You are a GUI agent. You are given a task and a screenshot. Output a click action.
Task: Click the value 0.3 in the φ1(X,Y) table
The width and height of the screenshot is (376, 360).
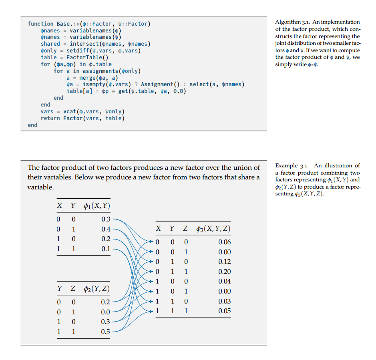pos(106,219)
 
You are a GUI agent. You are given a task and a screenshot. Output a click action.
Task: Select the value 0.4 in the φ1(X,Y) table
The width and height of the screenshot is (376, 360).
pos(106,229)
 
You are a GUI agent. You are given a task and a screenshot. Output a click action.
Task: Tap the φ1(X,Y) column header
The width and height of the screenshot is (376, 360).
pos(97,206)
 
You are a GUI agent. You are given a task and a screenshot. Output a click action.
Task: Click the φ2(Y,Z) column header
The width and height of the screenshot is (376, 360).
pos(97,289)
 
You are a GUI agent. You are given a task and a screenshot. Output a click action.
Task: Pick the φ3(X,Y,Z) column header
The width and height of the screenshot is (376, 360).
pos(213,229)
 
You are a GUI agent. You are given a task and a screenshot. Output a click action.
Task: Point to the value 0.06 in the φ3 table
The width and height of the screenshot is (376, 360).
pos(224,242)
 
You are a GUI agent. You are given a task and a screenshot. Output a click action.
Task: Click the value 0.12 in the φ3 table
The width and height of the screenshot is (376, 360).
pos(224,262)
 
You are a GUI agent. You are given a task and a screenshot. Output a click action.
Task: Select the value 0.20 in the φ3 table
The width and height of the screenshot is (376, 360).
pos(224,272)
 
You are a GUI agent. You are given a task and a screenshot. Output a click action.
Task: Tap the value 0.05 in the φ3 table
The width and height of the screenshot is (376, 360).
pos(224,311)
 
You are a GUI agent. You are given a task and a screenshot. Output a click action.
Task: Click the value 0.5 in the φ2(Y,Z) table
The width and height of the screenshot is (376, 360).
pos(106,332)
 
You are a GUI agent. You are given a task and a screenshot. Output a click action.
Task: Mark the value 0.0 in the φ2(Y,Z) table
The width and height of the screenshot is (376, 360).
pos(106,312)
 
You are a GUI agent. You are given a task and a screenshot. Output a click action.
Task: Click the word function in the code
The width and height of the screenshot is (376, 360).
pos(40,24)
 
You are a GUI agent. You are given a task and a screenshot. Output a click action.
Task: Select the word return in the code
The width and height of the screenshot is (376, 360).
pos(50,118)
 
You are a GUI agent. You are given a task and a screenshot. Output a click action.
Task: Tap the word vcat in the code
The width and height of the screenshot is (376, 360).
pos(70,111)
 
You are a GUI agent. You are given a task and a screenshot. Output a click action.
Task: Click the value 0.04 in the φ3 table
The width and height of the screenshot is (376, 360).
pos(224,282)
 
